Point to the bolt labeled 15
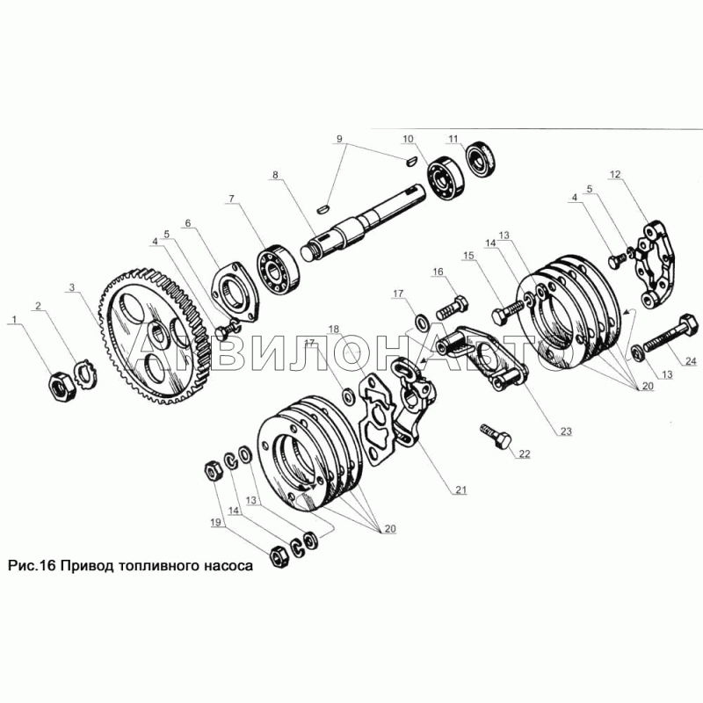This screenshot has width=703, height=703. coord(508,312)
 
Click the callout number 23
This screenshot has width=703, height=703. coord(566,431)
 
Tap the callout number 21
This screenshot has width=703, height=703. coord(460,490)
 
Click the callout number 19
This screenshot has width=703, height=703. coord(215,522)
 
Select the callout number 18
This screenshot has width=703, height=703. coord(334,330)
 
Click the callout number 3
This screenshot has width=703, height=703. coord(72,287)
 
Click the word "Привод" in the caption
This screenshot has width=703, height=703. coord(88,565)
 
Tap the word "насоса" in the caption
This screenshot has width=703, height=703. coord(228,566)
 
